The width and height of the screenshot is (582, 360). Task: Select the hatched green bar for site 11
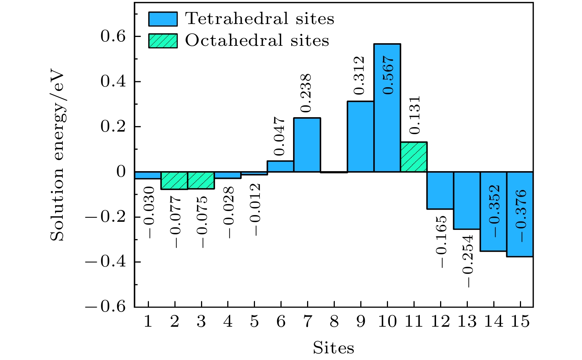click(x=413, y=157)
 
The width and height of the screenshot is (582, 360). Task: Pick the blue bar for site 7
click(x=307, y=145)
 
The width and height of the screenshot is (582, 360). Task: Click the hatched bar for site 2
click(x=174, y=180)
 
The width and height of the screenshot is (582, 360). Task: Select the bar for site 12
click(x=440, y=190)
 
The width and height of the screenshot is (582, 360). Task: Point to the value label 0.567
click(x=388, y=75)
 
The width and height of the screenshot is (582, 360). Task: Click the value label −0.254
click(x=467, y=261)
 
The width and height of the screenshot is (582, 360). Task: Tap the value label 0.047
click(x=280, y=136)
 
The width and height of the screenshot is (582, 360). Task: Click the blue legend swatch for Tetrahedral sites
click(x=163, y=19)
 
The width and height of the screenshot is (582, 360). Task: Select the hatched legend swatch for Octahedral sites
click(x=163, y=41)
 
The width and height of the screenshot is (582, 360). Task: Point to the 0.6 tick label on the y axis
click(x=113, y=36)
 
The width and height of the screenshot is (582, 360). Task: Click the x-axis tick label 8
click(x=334, y=322)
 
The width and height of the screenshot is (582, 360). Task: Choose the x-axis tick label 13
click(x=467, y=322)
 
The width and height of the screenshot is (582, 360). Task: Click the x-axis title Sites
click(x=333, y=348)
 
